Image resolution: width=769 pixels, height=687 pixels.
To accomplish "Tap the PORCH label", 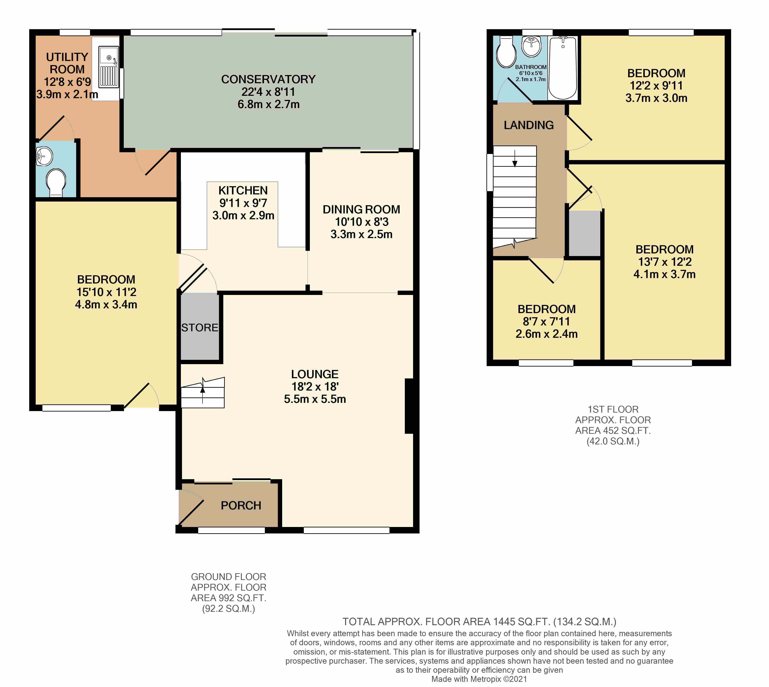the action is point(241,505).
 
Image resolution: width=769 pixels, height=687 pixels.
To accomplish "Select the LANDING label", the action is point(529,125).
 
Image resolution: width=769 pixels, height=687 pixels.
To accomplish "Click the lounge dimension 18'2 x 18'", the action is point(315,386).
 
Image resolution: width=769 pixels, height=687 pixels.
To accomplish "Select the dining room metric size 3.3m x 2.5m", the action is point(362,234).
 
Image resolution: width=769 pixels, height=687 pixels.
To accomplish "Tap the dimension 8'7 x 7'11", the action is point(546,322).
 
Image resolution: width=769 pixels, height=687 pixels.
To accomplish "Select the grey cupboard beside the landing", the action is point(584,233).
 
